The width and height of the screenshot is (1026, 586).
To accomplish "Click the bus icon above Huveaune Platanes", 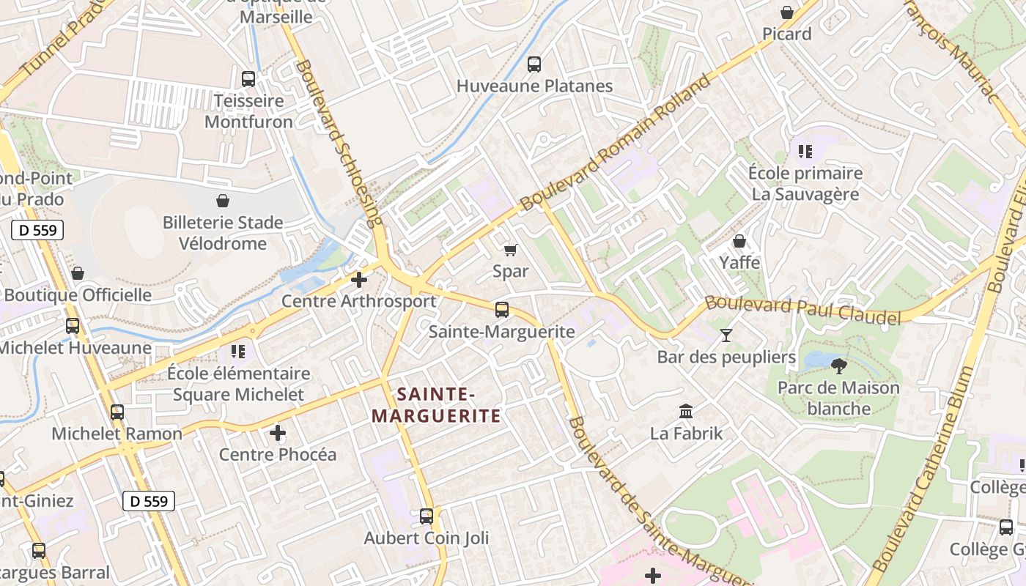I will click(x=534, y=64).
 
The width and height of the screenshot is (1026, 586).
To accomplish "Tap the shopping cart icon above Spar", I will click(x=511, y=250).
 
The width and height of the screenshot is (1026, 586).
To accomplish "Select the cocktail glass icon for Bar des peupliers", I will click(x=726, y=335).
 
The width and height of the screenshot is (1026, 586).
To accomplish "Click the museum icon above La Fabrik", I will click(x=686, y=411).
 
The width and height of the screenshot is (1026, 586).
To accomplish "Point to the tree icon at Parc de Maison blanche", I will click(x=839, y=366).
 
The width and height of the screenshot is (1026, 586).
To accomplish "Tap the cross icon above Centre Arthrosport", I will click(x=359, y=279).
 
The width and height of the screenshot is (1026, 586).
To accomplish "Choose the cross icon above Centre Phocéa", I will click(x=278, y=433).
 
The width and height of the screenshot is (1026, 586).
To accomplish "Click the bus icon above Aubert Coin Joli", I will click(x=427, y=516).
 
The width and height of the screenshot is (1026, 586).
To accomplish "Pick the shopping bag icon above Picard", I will click(x=787, y=12).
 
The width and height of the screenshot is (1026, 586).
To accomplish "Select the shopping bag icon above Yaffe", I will click(x=739, y=241).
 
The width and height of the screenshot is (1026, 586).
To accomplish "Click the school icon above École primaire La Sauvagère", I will click(x=805, y=152).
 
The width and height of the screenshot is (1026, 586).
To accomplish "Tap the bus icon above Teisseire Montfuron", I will click(x=248, y=78).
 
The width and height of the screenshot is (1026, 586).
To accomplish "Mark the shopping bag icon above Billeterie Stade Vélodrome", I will click(x=223, y=201).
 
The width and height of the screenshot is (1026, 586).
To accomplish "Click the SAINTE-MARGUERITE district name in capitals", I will click(x=436, y=405).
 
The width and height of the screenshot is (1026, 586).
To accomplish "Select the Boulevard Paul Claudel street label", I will click(x=802, y=310).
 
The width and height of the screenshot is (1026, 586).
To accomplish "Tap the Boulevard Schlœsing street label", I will click(x=339, y=143).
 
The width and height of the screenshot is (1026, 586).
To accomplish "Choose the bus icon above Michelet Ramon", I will click(x=117, y=412).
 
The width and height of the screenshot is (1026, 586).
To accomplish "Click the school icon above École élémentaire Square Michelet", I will click(x=237, y=352).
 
